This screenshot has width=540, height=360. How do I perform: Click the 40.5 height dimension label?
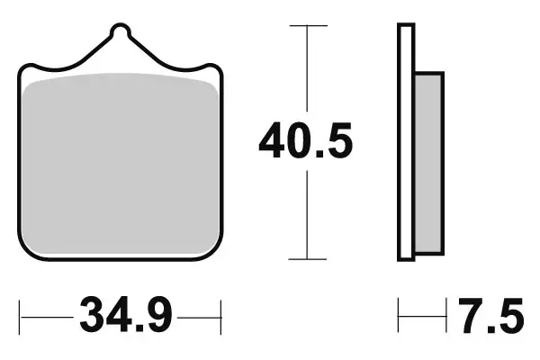[305, 141]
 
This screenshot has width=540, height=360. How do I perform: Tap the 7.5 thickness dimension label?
[490, 317]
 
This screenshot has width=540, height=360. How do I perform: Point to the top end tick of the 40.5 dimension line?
[308, 26]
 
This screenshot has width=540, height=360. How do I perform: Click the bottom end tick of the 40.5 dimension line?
[308, 257]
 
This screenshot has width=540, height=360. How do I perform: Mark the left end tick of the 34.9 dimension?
[22, 317]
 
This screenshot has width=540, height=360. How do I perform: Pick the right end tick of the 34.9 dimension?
[220, 317]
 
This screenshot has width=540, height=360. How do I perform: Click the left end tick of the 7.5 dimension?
[400, 317]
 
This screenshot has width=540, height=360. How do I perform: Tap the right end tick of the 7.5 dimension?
[446, 317]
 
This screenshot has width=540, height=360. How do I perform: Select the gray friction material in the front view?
[121, 162]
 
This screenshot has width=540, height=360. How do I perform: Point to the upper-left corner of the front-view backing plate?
[24, 68]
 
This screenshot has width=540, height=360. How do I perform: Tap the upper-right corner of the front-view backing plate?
[217, 68]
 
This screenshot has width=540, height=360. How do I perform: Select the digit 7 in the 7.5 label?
[469, 317]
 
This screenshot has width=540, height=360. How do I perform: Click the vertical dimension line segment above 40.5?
[308, 72]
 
